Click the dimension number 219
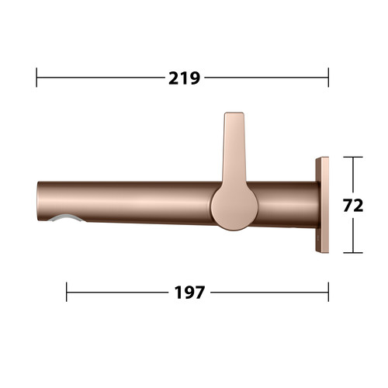[x=184, y=78]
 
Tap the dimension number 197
[x=189, y=293]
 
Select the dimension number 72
[x=353, y=206]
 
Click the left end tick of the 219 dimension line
[x=36, y=78]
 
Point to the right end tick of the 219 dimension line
[x=328, y=78]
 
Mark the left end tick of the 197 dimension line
[x=67, y=292]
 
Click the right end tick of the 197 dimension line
[x=328, y=292]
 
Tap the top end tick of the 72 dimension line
[x=353, y=157]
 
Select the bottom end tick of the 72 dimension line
[x=353, y=253]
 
